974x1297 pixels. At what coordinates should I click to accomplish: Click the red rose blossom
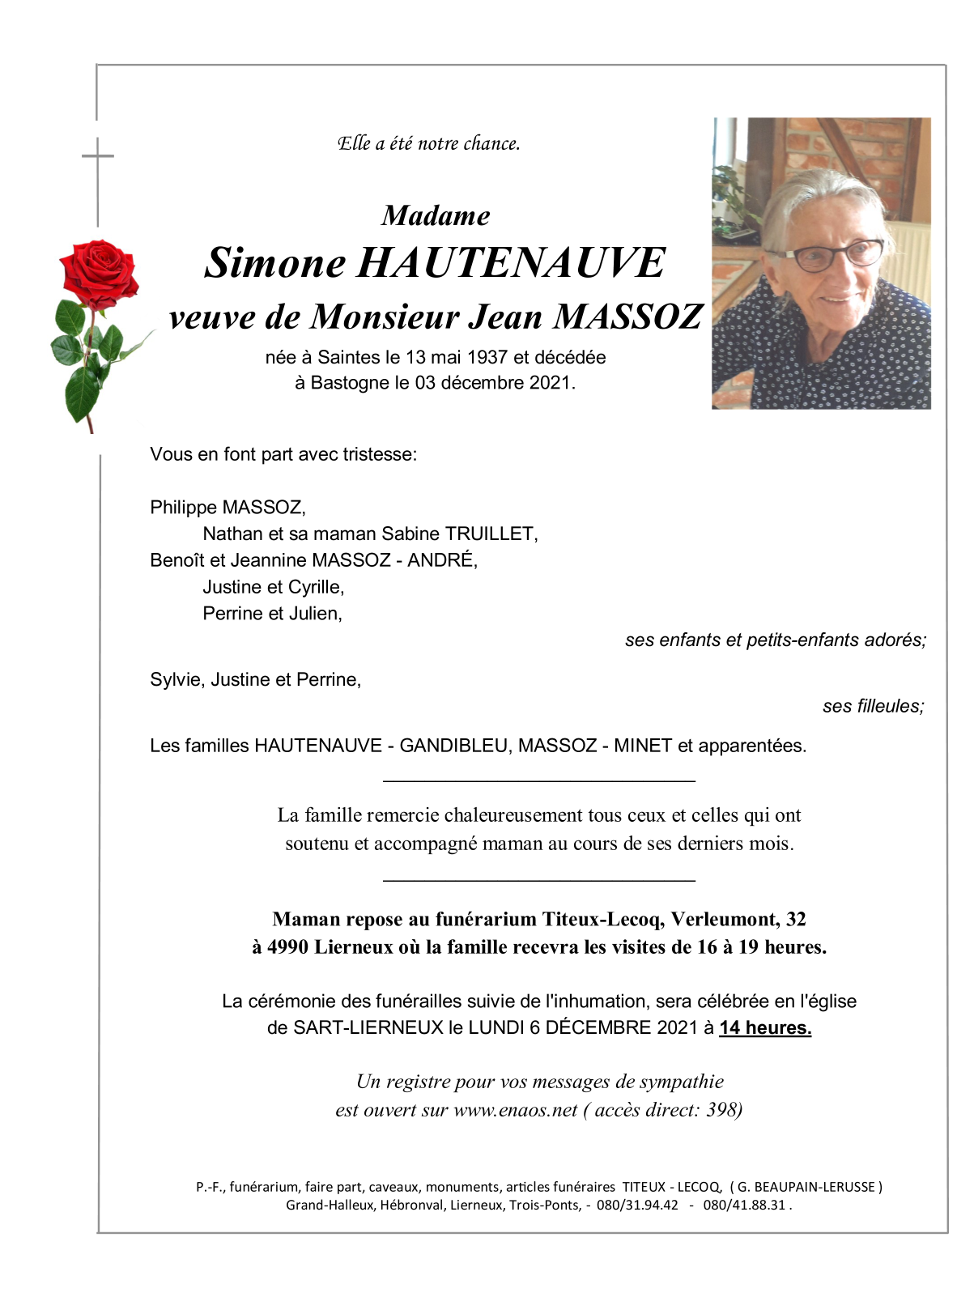point(99,274)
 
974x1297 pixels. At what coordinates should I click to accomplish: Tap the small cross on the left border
point(98,156)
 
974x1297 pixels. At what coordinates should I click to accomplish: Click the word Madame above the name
point(436,216)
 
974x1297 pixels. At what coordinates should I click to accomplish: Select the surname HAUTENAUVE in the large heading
point(512,263)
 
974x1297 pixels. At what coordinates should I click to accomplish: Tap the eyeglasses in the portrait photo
point(834,255)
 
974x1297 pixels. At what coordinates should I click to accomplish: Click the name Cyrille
point(316,587)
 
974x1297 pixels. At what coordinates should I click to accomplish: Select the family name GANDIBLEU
point(453,746)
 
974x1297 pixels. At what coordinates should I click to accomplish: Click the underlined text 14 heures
point(765,1027)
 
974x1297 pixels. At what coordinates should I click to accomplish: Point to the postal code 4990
point(287,947)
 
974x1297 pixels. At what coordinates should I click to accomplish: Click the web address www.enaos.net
point(516,1110)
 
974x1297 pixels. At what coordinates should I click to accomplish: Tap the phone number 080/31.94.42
point(637,1205)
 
